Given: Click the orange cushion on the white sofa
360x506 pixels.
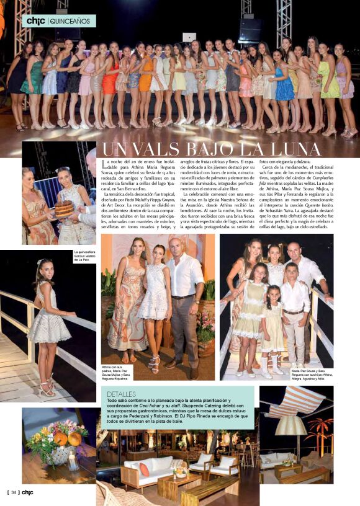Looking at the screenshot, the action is (x=144, y=469).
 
